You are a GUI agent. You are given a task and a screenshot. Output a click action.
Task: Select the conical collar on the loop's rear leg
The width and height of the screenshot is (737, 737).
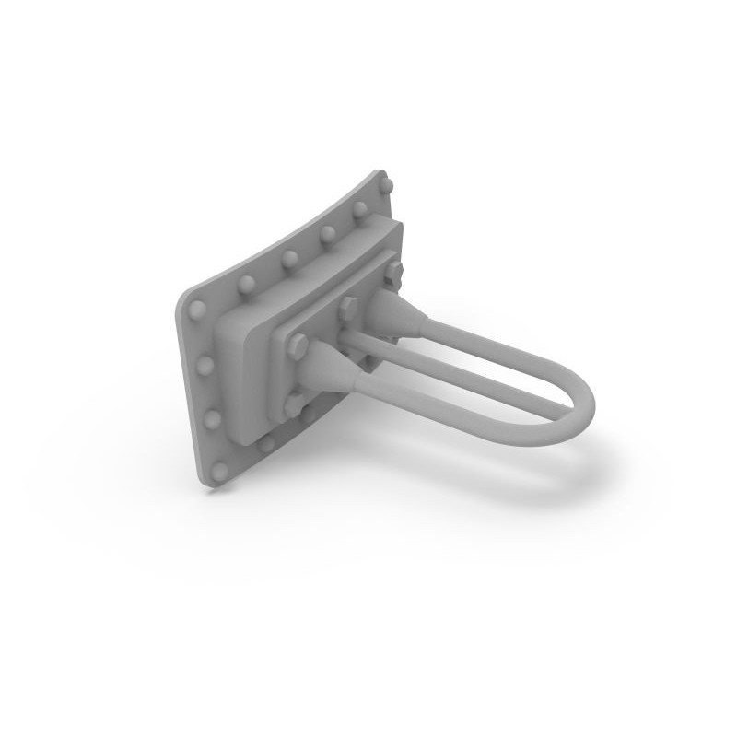pyautogui.click(x=398, y=305)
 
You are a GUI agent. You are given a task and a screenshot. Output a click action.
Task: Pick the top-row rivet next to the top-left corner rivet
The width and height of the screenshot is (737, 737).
pyautogui.click(x=246, y=280)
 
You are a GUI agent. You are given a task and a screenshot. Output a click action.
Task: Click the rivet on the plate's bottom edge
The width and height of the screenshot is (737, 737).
pyautogui.click(x=267, y=446)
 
